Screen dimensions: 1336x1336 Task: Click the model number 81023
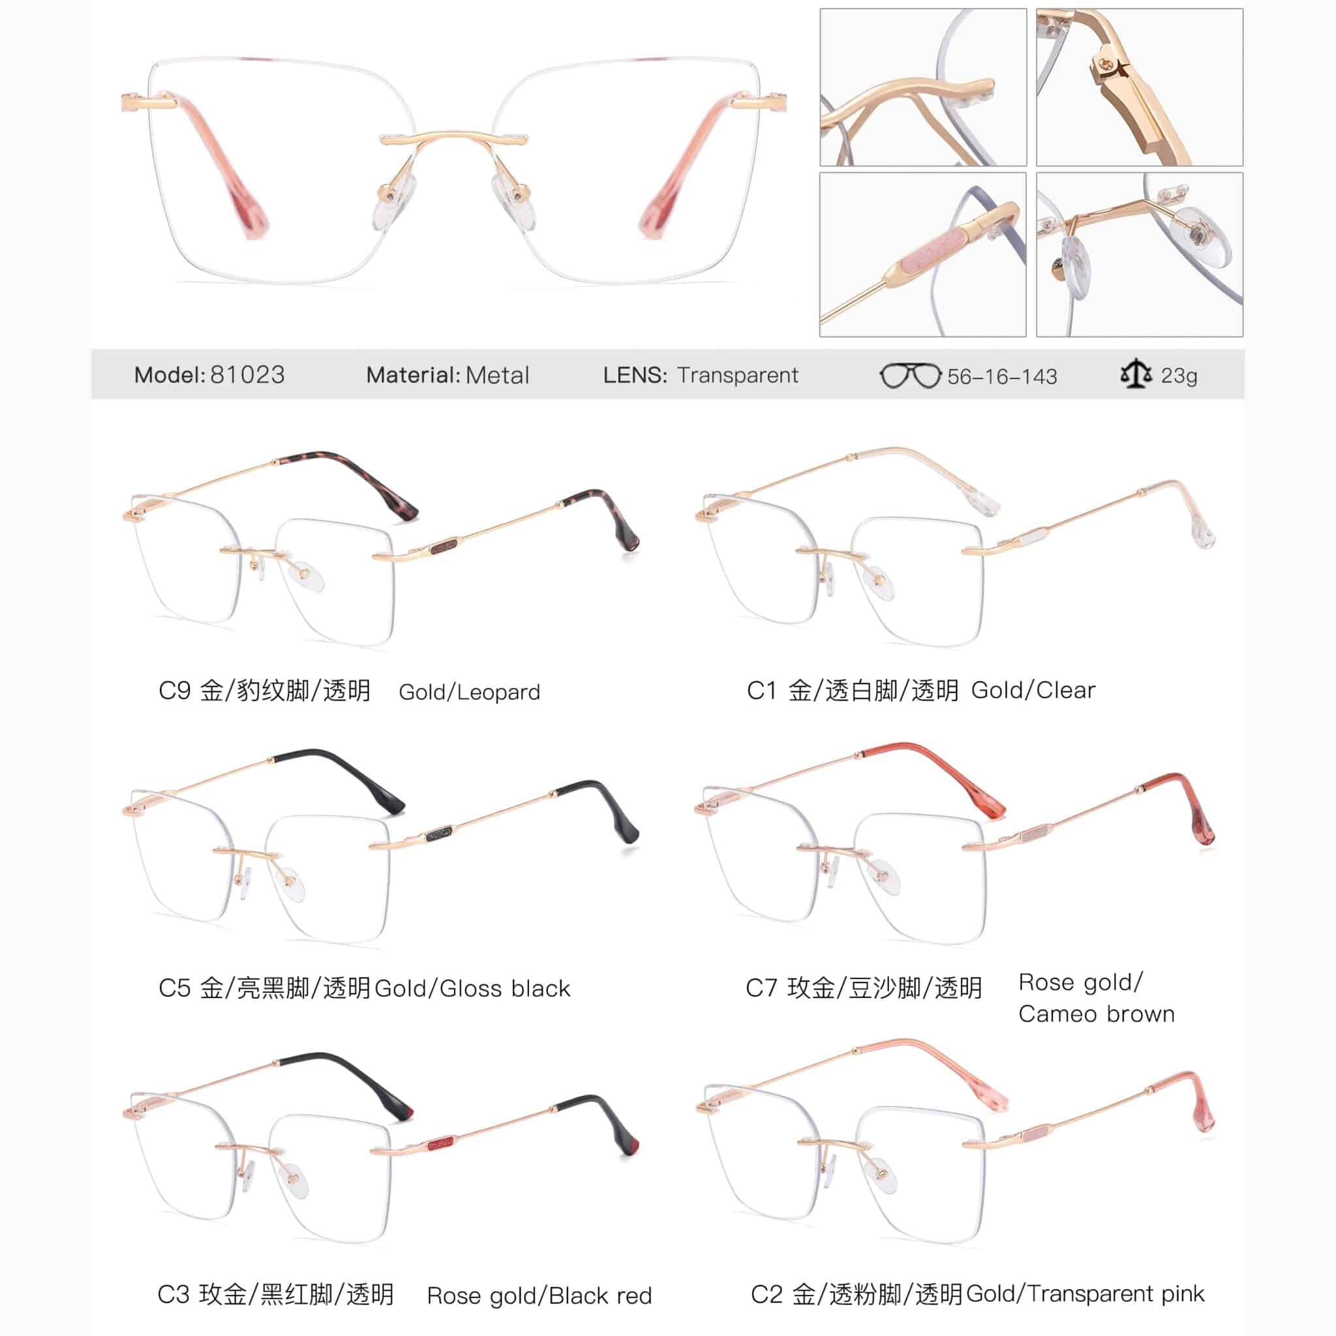click(247, 375)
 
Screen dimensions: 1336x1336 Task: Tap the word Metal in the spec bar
click(497, 375)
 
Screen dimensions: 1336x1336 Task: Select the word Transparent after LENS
click(738, 375)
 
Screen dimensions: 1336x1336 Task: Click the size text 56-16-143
click(1002, 376)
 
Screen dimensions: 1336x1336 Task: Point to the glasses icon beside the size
click(910, 376)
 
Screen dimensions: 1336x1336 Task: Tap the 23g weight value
click(1179, 376)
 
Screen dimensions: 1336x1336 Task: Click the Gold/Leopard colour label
click(470, 691)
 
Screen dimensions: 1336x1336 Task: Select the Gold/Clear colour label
click(1033, 690)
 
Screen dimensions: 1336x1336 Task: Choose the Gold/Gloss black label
click(472, 988)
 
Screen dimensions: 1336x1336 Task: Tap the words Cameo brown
click(1096, 1014)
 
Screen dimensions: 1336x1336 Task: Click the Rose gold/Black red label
click(539, 1295)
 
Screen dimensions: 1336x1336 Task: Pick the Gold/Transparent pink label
click(1085, 1293)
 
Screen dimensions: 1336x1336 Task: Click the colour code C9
click(174, 690)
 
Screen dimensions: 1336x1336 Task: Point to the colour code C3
click(174, 1294)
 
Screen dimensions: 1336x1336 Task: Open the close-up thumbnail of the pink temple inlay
click(922, 254)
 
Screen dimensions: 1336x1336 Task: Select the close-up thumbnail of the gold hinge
click(1140, 87)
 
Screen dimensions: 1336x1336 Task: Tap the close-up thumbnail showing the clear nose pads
click(1140, 254)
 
